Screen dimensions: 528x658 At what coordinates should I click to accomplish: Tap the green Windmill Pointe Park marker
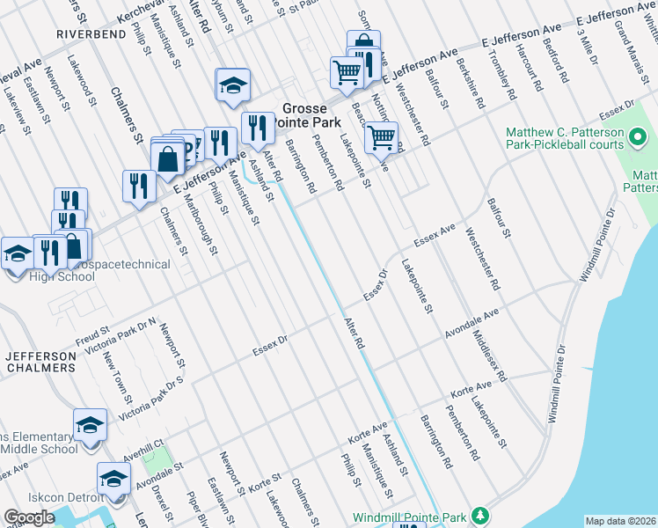479,515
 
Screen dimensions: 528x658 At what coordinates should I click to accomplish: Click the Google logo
29,517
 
